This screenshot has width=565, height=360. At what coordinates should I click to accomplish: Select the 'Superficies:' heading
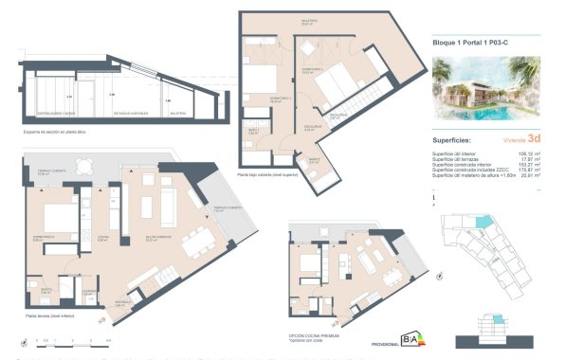click(x=453, y=139)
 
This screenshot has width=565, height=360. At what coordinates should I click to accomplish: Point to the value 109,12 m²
click(x=528, y=152)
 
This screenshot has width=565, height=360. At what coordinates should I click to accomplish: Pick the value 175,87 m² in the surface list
click(x=528, y=169)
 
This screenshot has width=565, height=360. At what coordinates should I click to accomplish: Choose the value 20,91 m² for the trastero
click(x=529, y=174)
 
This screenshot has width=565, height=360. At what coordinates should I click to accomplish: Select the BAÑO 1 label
click(x=252, y=134)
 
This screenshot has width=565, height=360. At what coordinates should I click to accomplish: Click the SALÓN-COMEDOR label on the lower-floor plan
click(x=156, y=239)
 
